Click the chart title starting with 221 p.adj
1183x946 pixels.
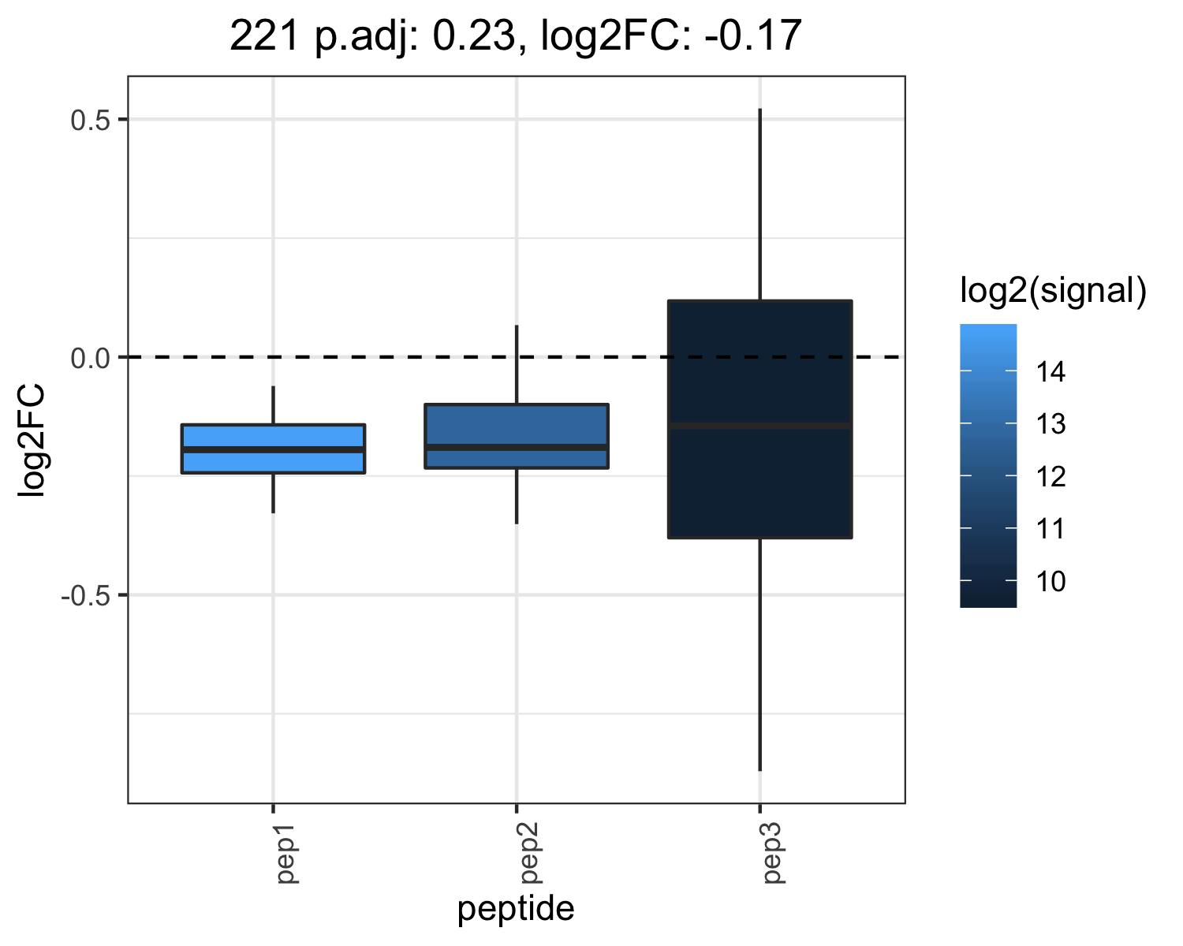[515, 35]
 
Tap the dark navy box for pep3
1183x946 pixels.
[759, 419]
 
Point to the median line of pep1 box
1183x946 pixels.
[273, 449]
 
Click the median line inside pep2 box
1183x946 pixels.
[517, 447]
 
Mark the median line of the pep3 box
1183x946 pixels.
[759, 426]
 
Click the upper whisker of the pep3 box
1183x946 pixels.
[759, 204]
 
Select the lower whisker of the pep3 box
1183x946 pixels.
[759, 654]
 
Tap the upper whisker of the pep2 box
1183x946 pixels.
[517, 364]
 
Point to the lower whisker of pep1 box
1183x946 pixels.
[273, 493]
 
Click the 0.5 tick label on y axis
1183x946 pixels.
[91, 120]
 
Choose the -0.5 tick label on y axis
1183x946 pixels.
[86, 595]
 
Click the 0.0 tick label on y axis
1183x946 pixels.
[91, 358]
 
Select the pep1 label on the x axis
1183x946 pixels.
[286, 854]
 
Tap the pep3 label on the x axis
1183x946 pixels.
[773, 854]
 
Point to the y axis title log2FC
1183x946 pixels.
[32, 441]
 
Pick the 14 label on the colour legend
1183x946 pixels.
[1051, 372]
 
